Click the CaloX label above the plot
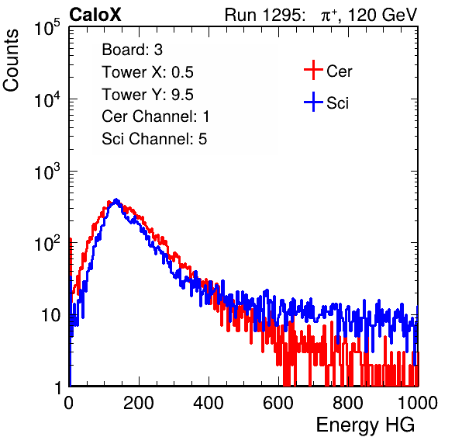[x=95, y=15]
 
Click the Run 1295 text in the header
[x=264, y=15]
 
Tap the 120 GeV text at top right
[x=382, y=15]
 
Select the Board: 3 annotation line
[x=132, y=50]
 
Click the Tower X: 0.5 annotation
[x=147, y=72]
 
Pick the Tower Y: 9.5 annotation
[x=147, y=95]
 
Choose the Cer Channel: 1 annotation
[x=156, y=116]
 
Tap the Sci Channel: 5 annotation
[x=154, y=139]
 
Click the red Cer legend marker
[x=313, y=70]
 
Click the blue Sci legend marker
[x=313, y=102]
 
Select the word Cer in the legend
[x=339, y=71]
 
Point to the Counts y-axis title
[x=11, y=61]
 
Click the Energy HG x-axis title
[x=365, y=425]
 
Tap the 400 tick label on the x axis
[x=209, y=403]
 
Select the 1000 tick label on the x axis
[x=418, y=403]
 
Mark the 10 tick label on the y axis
[x=50, y=316]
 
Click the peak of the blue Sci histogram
[x=116, y=199]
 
